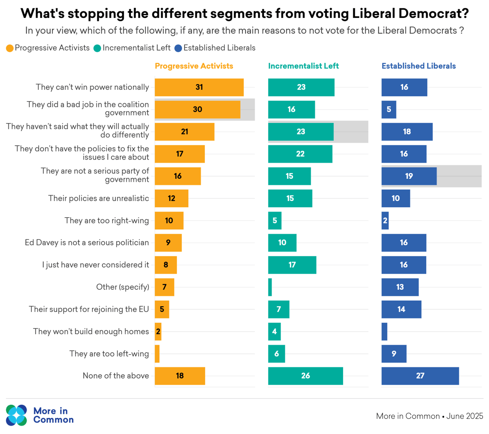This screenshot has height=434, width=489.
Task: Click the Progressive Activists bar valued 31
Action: coord(199,87)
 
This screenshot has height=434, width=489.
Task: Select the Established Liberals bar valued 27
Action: coord(420,376)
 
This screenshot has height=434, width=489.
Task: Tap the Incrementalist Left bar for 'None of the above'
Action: coord(305,376)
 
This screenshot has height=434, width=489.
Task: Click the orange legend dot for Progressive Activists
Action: coord(10,48)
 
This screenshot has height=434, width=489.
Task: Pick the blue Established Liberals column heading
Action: coord(418,66)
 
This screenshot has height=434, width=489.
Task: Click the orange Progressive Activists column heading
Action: coord(194,66)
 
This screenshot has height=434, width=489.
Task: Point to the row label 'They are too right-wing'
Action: coord(107,221)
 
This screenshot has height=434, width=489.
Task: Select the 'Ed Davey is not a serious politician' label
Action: coord(87,243)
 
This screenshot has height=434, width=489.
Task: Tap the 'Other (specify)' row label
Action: coord(123,287)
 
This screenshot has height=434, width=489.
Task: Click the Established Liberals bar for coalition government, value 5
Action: coord(389,109)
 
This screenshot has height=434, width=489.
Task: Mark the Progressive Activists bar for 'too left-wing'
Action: coord(157,354)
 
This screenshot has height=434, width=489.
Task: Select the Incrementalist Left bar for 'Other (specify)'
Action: coord(270,287)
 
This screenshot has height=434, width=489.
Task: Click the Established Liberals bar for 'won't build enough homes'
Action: coord(384,331)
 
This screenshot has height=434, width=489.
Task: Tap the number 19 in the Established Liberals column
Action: coord(409,176)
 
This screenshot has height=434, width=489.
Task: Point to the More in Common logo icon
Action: coord(17,415)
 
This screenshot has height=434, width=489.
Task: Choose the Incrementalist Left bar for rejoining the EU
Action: coord(279,309)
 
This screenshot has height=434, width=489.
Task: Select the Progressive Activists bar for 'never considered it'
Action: coord(165,265)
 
